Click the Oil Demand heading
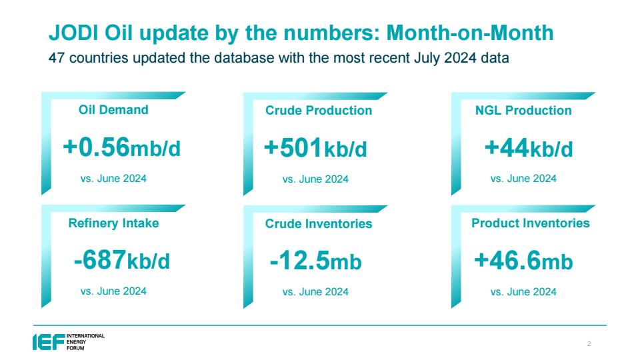pyautogui.click(x=113, y=110)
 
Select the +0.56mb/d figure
pyautogui.click(x=121, y=147)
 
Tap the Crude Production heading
pyautogui.click(x=319, y=110)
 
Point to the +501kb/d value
pyautogui.click(x=315, y=148)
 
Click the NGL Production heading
pyautogui.click(x=523, y=110)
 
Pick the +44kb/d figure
pyautogui.click(x=529, y=148)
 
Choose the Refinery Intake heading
pyautogui.click(x=113, y=223)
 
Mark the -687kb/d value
pyautogui.click(x=121, y=261)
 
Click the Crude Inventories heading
pyautogui.click(x=319, y=224)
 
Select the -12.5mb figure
pyautogui.click(x=315, y=261)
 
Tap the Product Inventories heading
pyautogui.click(x=531, y=223)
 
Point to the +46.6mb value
pyautogui.click(x=523, y=261)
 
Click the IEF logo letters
pyautogui.click(x=49, y=342)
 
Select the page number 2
pyautogui.click(x=589, y=344)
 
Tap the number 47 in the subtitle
pyautogui.click(x=57, y=57)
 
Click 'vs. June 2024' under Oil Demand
pyautogui.click(x=113, y=179)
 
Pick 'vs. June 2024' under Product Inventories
pyautogui.click(x=523, y=292)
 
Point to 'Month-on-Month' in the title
pyautogui.click(x=470, y=33)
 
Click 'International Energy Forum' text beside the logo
pyautogui.click(x=86, y=342)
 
